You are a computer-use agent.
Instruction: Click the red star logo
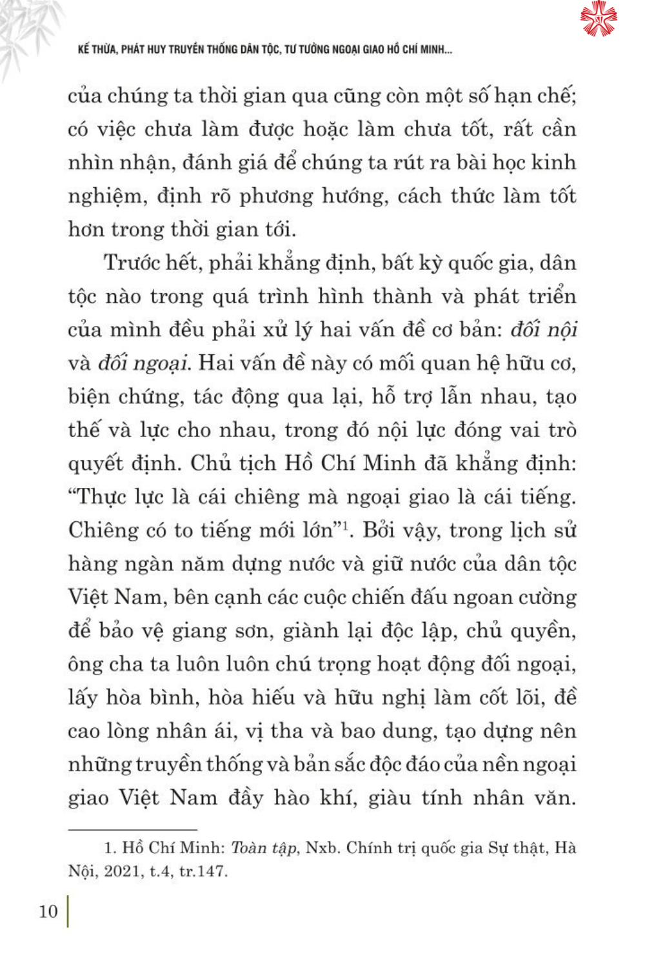598,19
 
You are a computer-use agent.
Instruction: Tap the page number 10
48,911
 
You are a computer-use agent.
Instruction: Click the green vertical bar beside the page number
68,911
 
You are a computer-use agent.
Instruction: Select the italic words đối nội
543,330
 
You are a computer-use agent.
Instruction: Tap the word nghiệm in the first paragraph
106,196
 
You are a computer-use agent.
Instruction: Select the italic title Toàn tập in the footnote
264,848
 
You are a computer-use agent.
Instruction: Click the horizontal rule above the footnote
132,830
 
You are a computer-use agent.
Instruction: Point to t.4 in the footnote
161,871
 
